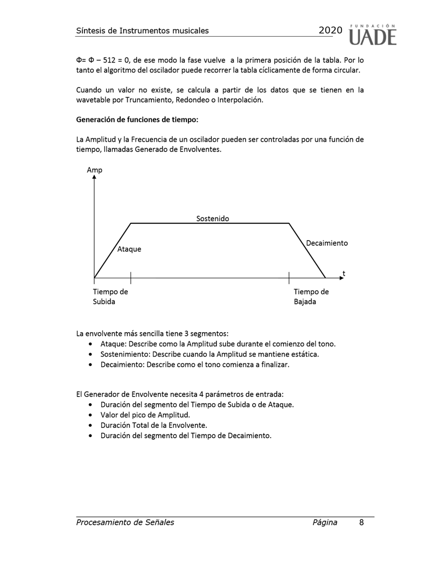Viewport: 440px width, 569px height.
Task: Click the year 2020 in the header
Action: tap(330, 31)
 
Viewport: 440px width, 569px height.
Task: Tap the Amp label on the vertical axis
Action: tap(94, 170)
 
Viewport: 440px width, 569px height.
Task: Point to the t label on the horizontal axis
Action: tap(344, 273)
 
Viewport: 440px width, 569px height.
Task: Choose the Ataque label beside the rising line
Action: tap(129, 249)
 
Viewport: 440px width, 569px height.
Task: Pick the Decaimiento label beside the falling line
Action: tap(326, 243)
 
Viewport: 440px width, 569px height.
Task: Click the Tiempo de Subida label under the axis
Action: tap(110, 297)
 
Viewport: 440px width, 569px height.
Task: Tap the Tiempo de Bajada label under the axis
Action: tap(311, 297)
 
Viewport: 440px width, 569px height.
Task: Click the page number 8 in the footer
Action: tap(361, 522)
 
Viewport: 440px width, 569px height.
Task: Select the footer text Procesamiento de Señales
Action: tap(125, 522)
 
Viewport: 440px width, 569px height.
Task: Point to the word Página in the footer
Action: tap(324, 522)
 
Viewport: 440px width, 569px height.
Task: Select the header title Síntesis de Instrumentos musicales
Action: tap(142, 31)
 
